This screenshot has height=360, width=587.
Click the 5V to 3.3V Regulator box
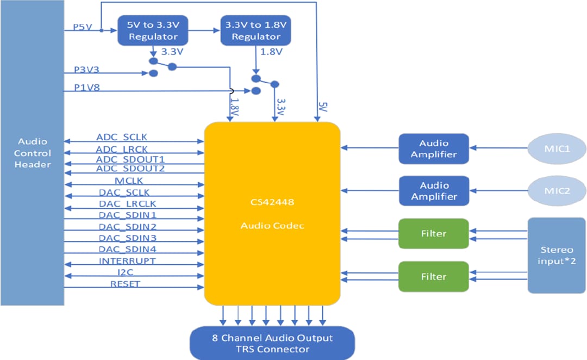[x=153, y=31]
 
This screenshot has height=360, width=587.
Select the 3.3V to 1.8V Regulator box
[x=255, y=31]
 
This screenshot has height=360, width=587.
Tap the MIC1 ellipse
[x=557, y=147]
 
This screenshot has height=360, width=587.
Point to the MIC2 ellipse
[x=557, y=190]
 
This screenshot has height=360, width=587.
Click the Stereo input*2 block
[x=557, y=256]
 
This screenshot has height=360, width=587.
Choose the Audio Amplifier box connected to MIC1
[x=433, y=148]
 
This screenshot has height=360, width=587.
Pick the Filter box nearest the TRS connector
[x=433, y=277]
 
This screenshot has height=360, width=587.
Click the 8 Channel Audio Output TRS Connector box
[x=272, y=343]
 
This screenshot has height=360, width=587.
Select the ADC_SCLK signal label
[x=122, y=137]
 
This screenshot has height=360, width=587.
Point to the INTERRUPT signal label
[x=127, y=261]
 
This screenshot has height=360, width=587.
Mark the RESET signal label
[x=125, y=284]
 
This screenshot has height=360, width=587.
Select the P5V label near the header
[x=82, y=26]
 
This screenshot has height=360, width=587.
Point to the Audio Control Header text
[x=33, y=153]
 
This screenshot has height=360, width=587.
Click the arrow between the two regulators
[x=207, y=31]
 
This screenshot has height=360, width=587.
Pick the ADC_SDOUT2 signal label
[x=130, y=169]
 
